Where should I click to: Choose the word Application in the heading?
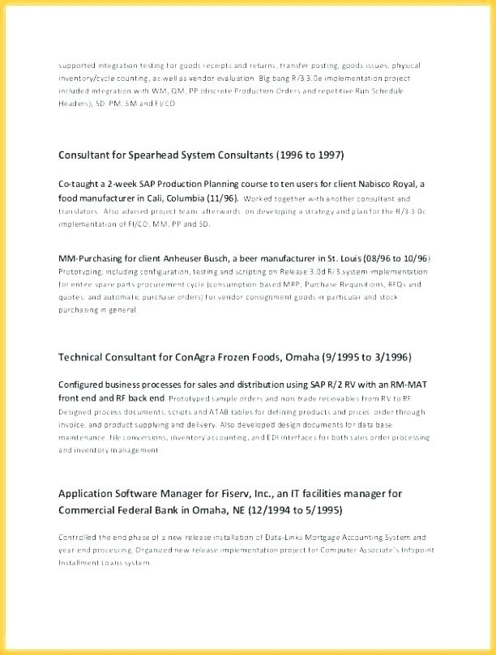point(91,493)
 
